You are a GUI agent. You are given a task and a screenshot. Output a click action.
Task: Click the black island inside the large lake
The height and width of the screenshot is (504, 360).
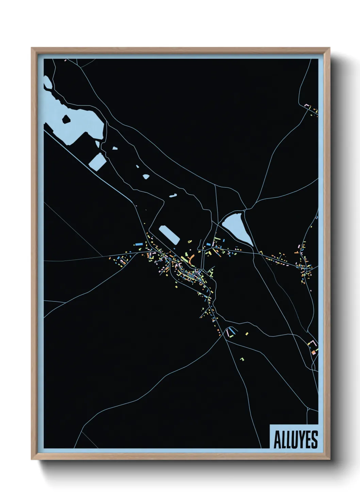[x=66, y=119]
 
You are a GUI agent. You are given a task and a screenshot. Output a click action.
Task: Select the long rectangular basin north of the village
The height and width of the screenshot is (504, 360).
[x=169, y=235]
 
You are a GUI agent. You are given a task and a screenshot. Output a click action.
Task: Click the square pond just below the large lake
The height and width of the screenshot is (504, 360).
[x=97, y=161]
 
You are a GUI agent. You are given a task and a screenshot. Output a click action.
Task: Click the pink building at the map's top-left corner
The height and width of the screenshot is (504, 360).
[x=65, y=60]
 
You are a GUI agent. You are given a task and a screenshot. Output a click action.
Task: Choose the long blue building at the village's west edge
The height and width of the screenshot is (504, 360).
[x=138, y=244]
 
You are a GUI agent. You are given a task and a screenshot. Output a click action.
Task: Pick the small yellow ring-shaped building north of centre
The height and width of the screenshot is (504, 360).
[x=190, y=241]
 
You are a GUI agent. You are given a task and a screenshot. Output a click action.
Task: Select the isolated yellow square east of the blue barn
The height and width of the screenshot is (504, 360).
[x=247, y=334]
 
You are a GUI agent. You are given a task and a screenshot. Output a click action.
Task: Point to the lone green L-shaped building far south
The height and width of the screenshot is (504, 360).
[x=242, y=359]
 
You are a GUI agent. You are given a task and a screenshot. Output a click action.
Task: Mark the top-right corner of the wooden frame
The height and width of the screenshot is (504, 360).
[x=329, y=48]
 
